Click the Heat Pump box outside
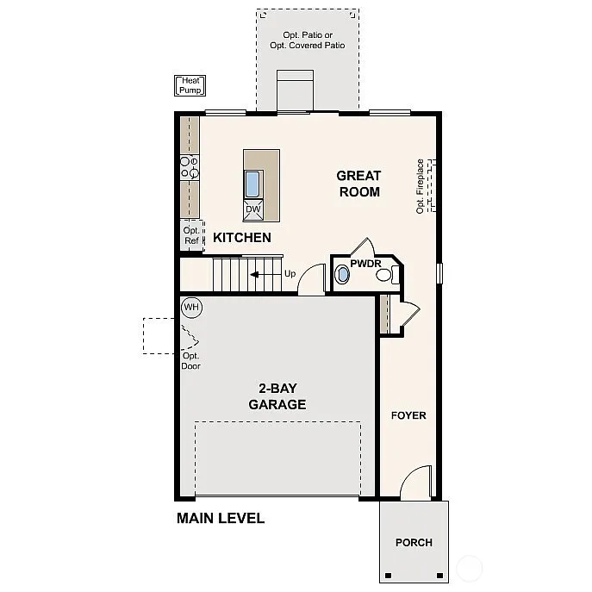(x=190, y=85)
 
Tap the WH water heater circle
(x=190, y=307)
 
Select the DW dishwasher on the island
(x=252, y=209)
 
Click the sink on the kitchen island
(x=252, y=184)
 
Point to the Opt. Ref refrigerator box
(x=190, y=234)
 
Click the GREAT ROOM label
(x=358, y=184)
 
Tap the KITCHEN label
(x=242, y=238)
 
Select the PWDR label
(x=365, y=264)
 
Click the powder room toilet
(x=394, y=276)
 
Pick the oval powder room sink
(x=343, y=276)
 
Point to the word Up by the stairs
(x=290, y=274)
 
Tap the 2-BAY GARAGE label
(x=277, y=396)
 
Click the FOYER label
(x=408, y=415)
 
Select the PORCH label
(x=414, y=543)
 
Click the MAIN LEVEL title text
(x=221, y=518)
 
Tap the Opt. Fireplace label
(x=421, y=185)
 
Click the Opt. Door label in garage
(x=191, y=360)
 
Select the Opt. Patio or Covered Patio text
(x=307, y=41)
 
